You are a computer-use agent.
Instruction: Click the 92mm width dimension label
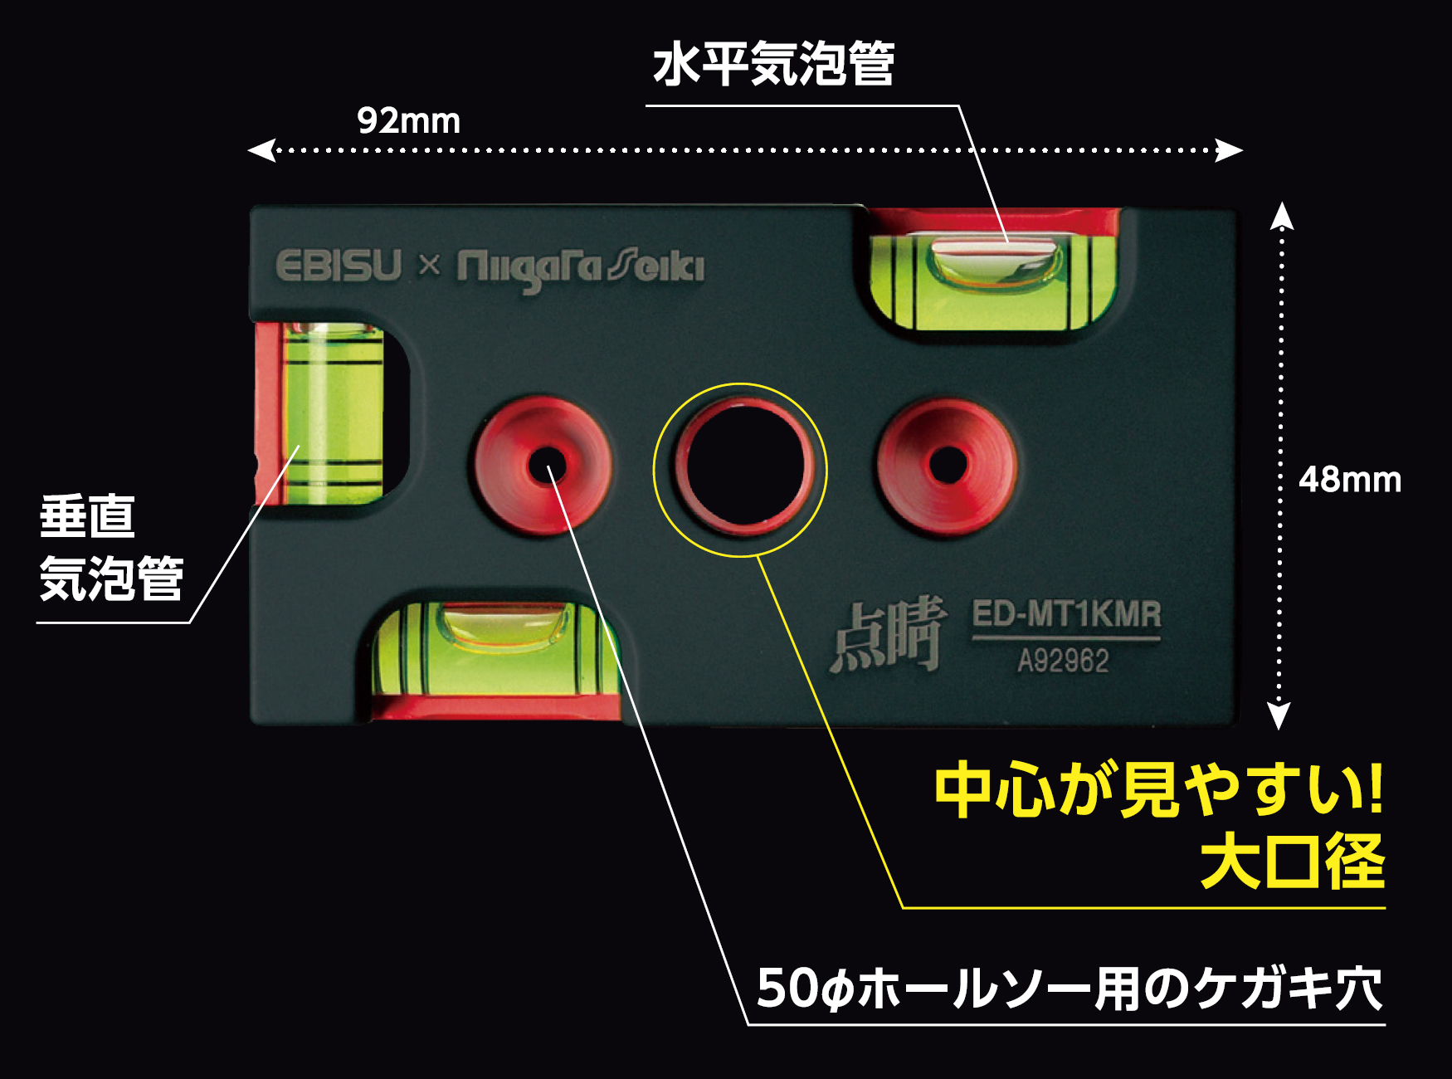tap(408, 121)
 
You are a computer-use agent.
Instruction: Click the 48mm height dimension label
tap(1349, 480)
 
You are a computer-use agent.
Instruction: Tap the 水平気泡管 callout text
tap(773, 65)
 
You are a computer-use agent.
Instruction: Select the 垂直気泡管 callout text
tap(111, 548)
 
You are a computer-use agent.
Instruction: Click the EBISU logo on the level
tap(339, 266)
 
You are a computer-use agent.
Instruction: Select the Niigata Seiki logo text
tap(581, 268)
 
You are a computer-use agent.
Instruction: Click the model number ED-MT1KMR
tap(1066, 614)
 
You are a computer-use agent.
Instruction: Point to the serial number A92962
tap(1063, 662)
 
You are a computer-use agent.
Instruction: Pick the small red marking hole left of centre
tap(544, 465)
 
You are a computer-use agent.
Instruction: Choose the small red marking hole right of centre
tap(948, 465)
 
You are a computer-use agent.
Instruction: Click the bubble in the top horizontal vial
tap(996, 261)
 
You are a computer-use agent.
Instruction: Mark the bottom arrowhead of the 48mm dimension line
tap(1280, 715)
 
